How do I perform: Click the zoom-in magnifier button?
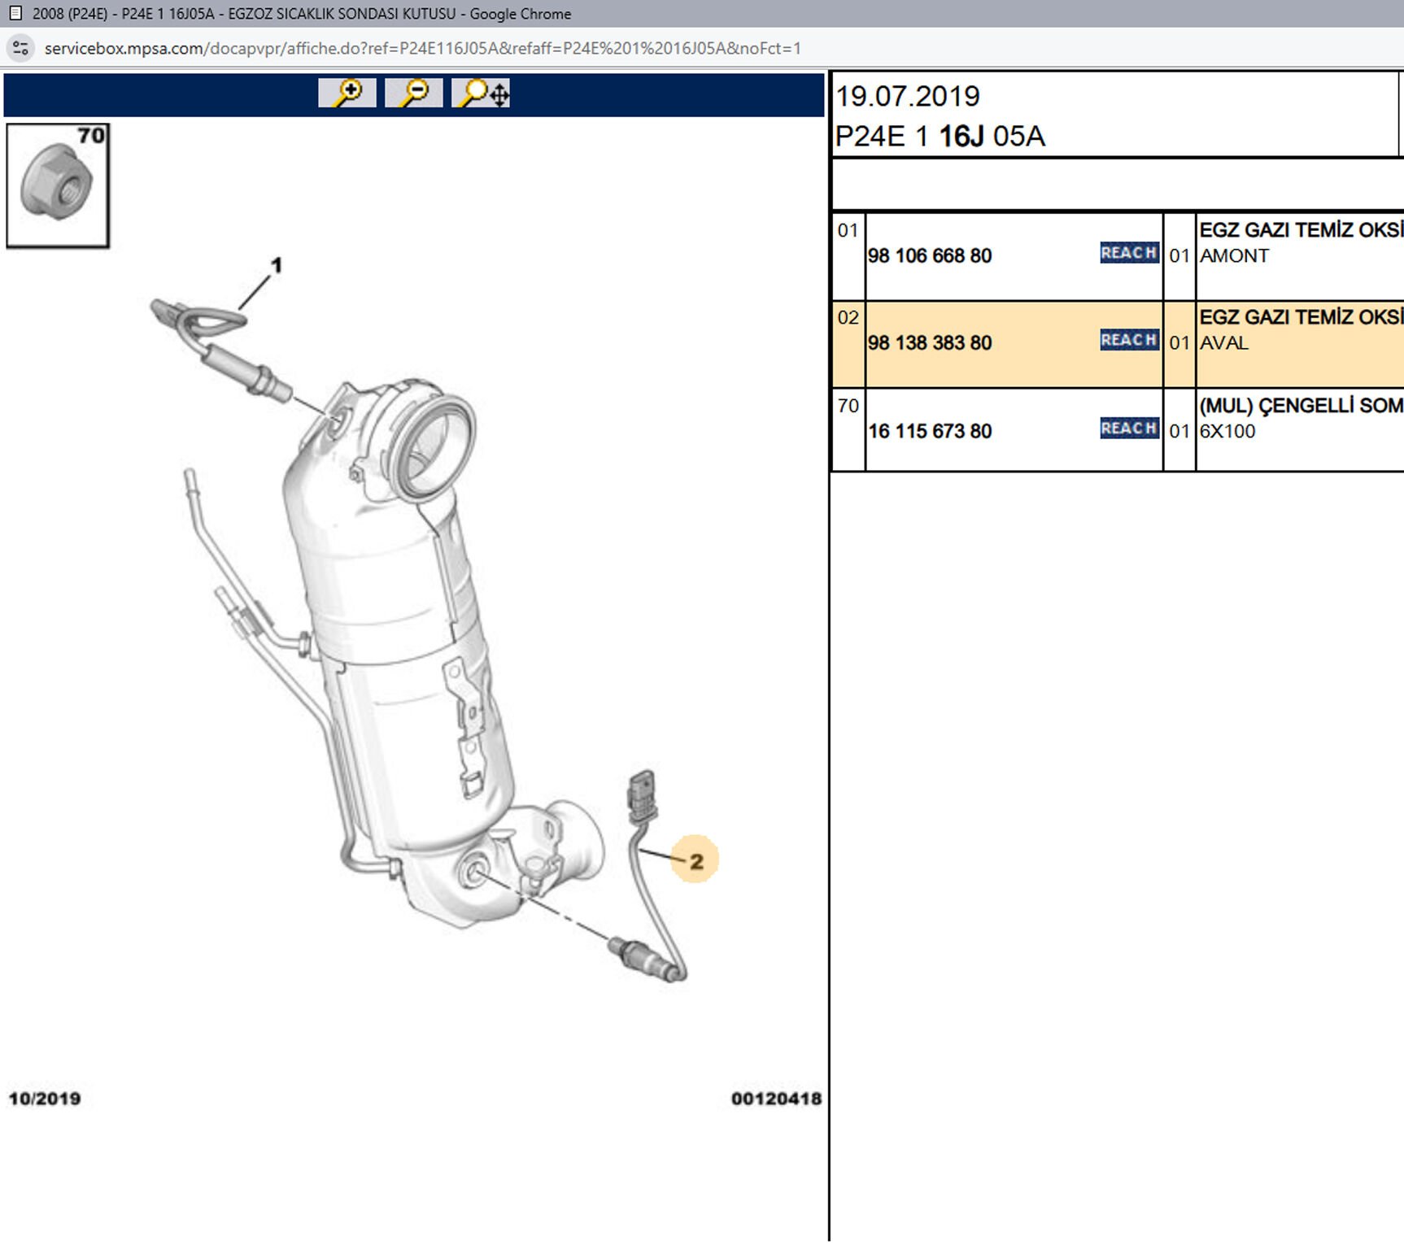coord(347,93)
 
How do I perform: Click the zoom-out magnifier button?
coord(414,93)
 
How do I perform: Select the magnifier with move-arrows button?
coord(482,93)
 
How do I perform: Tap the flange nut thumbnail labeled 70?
coord(57,185)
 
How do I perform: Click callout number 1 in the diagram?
coord(277,265)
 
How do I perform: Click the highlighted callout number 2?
coord(695,860)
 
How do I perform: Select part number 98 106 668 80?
coord(930,256)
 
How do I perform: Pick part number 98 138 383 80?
coord(930,343)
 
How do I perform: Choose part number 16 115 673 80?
coord(930,431)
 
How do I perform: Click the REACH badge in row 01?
coord(1129,253)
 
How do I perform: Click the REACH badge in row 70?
coord(1129,428)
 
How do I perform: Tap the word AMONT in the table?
coord(1234,256)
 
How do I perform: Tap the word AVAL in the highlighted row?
coord(1224,343)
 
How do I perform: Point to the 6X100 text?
coord(1227,431)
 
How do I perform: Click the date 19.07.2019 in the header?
coord(908,97)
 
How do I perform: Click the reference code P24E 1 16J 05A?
coord(940,137)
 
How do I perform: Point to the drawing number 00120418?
coord(776,1099)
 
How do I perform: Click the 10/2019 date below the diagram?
coord(45,1099)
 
